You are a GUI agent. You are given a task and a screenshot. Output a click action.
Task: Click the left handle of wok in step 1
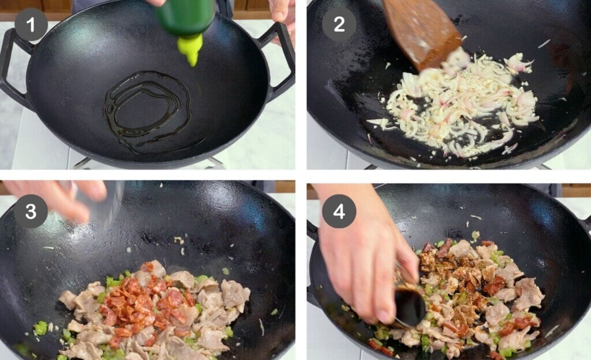[x=13, y=69]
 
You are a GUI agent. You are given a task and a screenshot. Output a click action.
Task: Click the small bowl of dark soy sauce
[x=410, y=306]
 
